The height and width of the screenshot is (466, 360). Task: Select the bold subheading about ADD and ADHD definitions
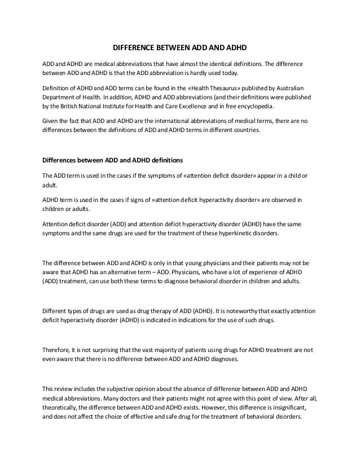(x=113, y=160)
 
